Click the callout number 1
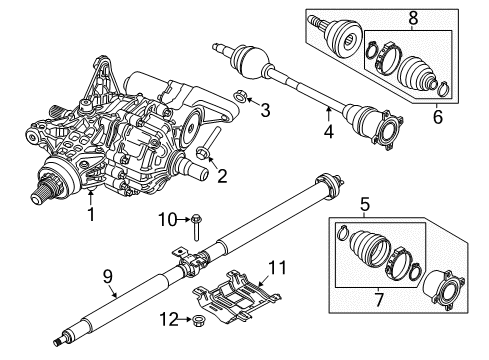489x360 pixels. tap(92, 212)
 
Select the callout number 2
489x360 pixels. tap(223, 176)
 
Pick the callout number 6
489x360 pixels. tap(435, 117)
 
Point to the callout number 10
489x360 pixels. tap(169, 218)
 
